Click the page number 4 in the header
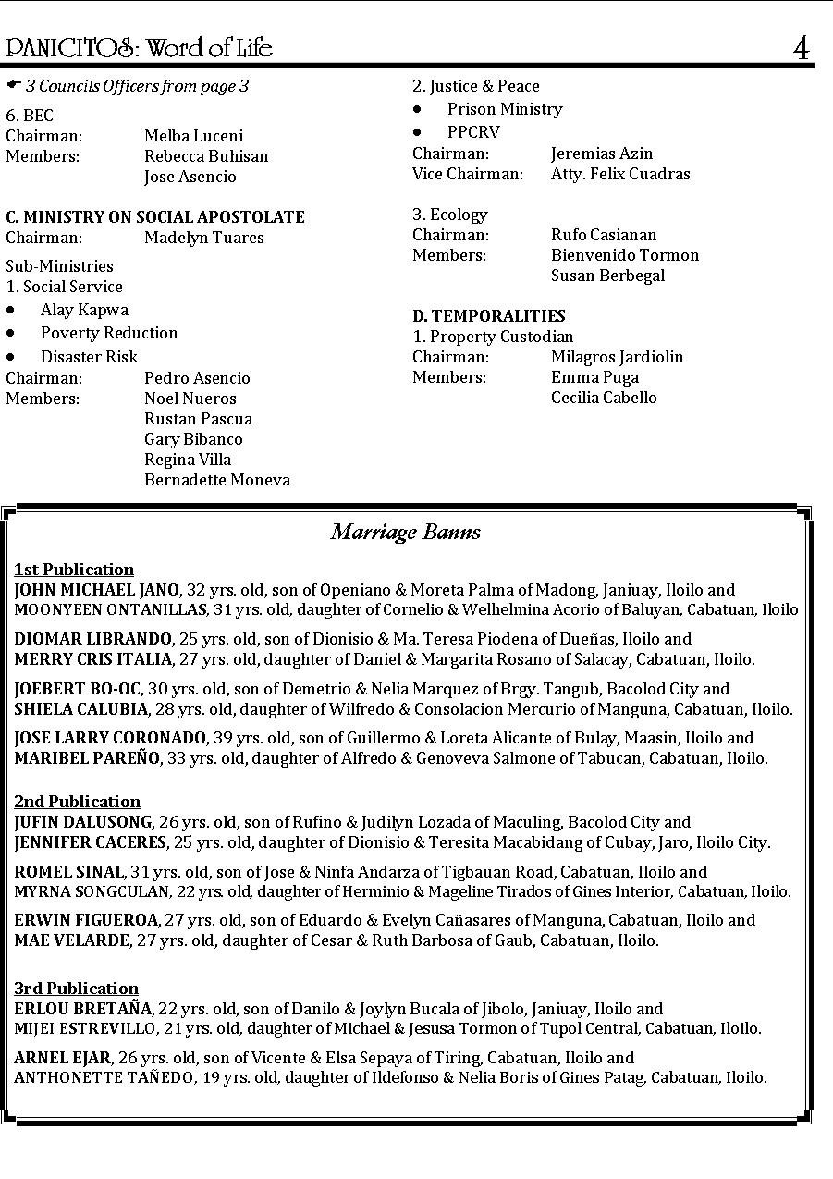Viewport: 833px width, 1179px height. point(801,48)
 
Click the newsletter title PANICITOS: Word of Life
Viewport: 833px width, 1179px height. point(140,48)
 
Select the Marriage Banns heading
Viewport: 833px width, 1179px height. point(406,532)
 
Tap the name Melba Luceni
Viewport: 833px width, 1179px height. point(193,136)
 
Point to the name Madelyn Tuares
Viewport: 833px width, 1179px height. point(203,238)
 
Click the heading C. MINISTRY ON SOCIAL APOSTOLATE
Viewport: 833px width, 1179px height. point(155,217)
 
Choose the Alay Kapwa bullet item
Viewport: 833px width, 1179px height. point(84,310)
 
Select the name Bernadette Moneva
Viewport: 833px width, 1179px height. point(216,480)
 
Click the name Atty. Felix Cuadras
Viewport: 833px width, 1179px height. point(620,174)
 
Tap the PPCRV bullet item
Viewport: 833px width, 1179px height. point(473,132)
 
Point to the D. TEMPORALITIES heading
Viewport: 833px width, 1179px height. point(489,316)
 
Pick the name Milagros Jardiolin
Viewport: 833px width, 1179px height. point(617,357)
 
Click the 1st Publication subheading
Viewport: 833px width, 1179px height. point(74,570)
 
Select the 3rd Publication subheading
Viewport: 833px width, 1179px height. point(76,989)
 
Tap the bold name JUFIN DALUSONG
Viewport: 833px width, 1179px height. point(83,822)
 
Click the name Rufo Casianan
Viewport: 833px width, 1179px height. point(604,235)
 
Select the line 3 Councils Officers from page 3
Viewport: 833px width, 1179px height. point(137,86)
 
